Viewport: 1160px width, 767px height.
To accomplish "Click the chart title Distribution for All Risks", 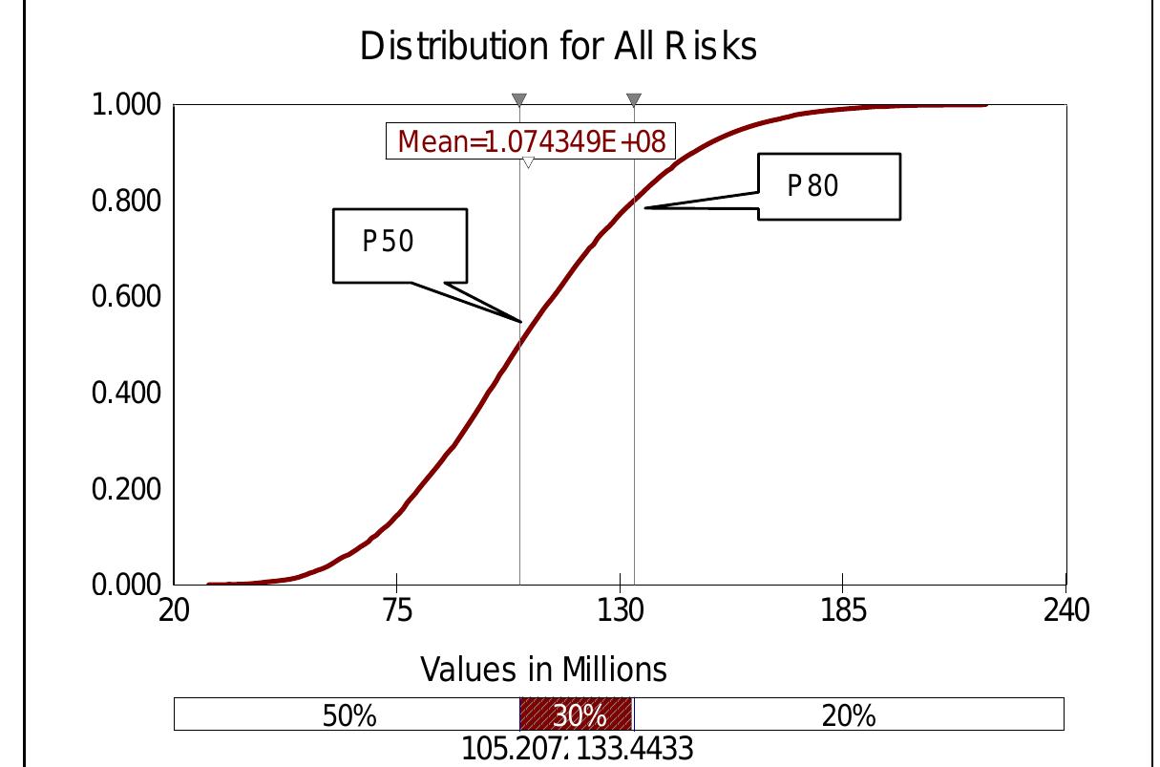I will pyautogui.click(x=559, y=46).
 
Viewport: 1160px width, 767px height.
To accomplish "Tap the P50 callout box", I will pyautogui.click(x=400, y=245).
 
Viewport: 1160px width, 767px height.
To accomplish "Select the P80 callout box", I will pyautogui.click(x=829, y=186).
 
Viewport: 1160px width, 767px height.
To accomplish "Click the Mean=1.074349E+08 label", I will pyautogui.click(x=531, y=142).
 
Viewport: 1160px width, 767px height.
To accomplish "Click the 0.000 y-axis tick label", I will pyautogui.click(x=126, y=585).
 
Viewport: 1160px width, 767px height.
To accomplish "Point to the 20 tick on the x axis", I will pyautogui.click(x=173, y=610).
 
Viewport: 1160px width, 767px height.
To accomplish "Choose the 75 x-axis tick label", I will pyautogui.click(x=396, y=610).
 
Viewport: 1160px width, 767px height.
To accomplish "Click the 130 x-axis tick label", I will pyautogui.click(x=621, y=610).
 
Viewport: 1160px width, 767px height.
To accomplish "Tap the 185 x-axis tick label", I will pyautogui.click(x=843, y=610).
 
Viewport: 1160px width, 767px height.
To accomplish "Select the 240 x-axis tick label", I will pyautogui.click(x=1065, y=610).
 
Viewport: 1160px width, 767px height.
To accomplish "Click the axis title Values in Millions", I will pyautogui.click(x=543, y=670).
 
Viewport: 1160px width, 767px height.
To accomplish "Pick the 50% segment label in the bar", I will pyautogui.click(x=348, y=715).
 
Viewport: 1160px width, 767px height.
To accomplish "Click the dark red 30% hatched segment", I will pyautogui.click(x=577, y=714).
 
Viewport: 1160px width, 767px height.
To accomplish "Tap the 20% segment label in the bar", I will pyautogui.click(x=848, y=715).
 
